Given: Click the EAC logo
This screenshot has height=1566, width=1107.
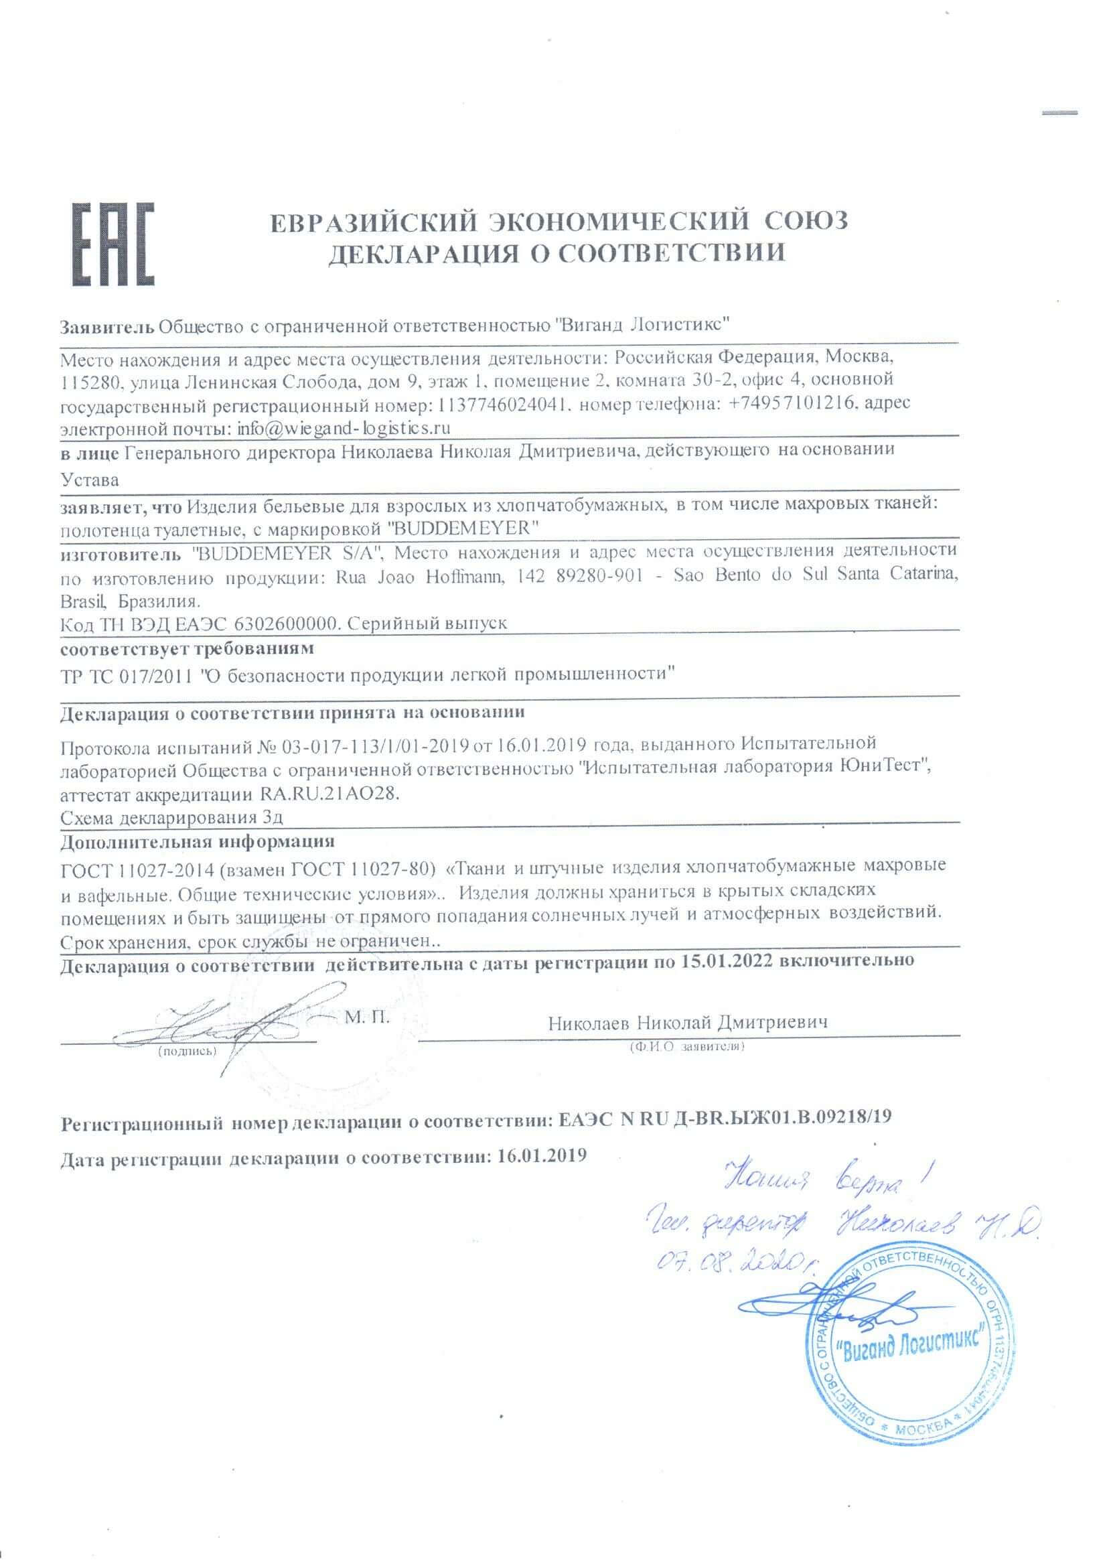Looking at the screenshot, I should coord(113,244).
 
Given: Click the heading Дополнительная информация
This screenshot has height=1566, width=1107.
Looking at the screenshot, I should coord(197,841).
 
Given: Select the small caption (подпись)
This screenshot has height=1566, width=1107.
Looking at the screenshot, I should coord(187,1051).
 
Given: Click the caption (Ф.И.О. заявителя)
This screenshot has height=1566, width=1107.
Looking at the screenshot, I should coord(688,1046).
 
